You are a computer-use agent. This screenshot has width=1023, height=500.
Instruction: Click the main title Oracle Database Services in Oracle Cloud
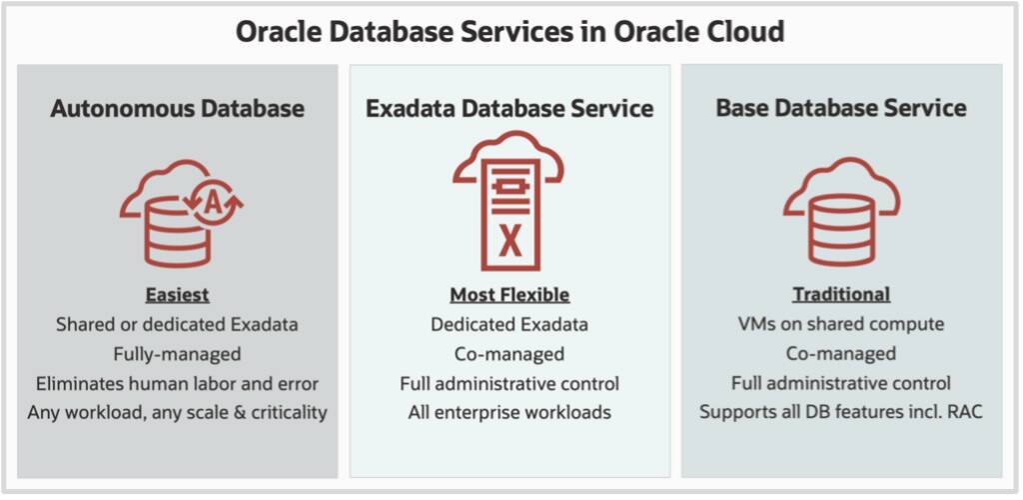[x=510, y=31]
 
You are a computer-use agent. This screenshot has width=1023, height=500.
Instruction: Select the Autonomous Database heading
[x=177, y=108]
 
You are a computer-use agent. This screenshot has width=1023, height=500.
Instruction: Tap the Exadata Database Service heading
[x=510, y=108]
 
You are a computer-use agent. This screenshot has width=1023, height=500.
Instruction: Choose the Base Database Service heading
[x=841, y=108]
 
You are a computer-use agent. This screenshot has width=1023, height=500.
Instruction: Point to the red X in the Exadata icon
[x=510, y=240]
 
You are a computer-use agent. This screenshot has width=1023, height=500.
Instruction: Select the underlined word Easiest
[x=177, y=295]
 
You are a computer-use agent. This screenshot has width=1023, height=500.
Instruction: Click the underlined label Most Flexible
[x=510, y=295]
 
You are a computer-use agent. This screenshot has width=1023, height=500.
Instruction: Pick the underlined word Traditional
[x=841, y=295]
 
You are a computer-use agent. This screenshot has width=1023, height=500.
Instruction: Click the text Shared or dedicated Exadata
[x=177, y=324]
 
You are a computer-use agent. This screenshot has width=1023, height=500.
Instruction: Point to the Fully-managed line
[x=177, y=353]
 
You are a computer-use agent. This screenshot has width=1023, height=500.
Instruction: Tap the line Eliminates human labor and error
[x=177, y=383]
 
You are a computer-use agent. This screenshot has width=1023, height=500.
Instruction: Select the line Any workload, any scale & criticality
[x=177, y=412]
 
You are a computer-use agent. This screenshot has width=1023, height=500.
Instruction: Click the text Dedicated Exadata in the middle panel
[x=510, y=324]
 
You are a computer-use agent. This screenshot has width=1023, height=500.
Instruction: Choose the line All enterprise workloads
[x=510, y=412]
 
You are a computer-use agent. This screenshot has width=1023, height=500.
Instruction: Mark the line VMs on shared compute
[x=841, y=324]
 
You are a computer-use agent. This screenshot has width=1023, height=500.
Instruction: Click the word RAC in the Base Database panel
[x=962, y=412]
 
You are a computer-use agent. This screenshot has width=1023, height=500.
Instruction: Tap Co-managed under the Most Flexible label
[x=510, y=353]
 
